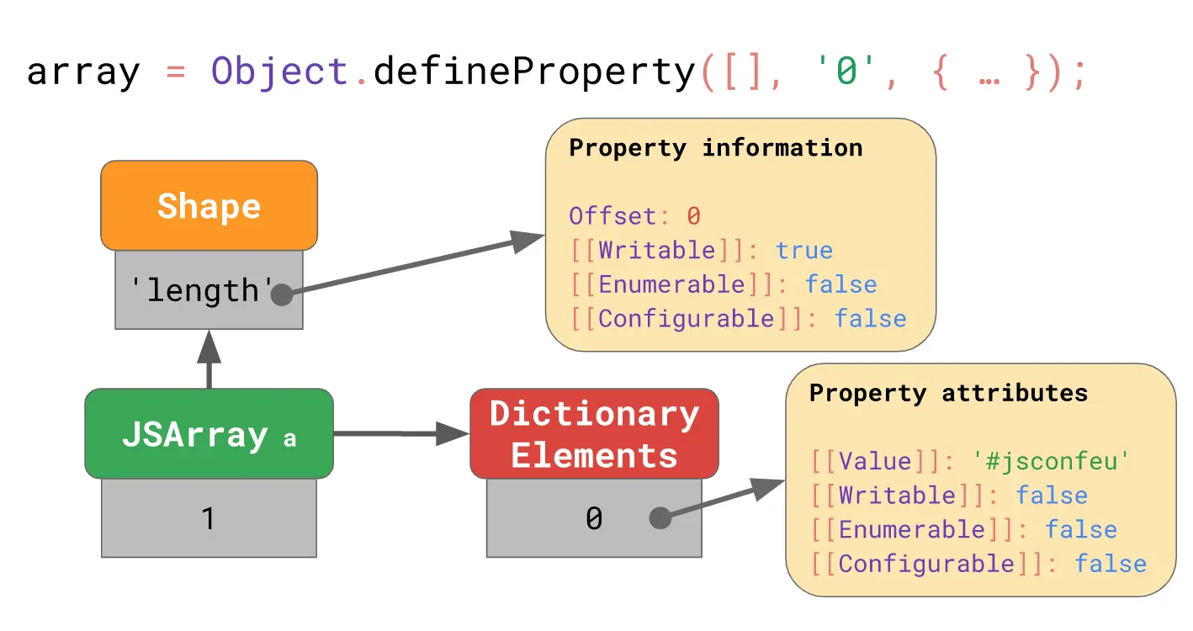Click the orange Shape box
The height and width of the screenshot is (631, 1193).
click(x=209, y=205)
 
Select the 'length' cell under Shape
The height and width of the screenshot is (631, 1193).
click(x=202, y=290)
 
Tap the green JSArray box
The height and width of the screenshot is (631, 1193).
click(x=209, y=434)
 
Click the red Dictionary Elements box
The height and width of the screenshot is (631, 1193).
click(x=594, y=434)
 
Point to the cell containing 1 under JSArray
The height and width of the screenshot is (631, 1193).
click(x=209, y=518)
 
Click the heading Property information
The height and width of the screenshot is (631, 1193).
click(x=716, y=148)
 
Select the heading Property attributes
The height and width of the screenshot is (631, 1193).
click(x=948, y=393)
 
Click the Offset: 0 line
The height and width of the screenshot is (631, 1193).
click(x=634, y=216)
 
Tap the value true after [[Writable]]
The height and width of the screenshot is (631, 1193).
click(x=804, y=251)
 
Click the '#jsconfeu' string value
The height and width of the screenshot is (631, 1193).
click(x=1050, y=461)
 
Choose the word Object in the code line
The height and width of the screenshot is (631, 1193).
click(x=278, y=72)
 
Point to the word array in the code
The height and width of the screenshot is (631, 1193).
click(x=82, y=72)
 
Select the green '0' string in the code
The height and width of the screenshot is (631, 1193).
click(x=846, y=72)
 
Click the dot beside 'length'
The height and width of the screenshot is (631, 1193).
click(x=281, y=294)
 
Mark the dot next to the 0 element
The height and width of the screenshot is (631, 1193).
click(x=660, y=518)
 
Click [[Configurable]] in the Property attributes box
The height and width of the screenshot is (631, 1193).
click(x=926, y=564)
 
